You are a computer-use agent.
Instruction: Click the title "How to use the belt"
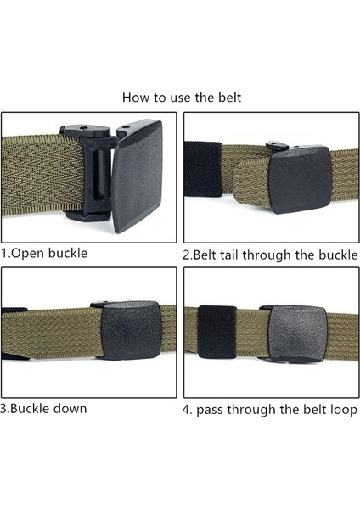click(x=182, y=98)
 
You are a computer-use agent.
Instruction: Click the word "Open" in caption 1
click(x=27, y=254)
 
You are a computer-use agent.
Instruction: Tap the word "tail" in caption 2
click(x=229, y=255)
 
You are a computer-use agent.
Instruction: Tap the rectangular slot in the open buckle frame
click(x=99, y=175)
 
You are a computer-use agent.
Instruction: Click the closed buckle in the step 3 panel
click(x=130, y=330)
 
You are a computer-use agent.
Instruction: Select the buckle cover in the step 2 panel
click(x=301, y=179)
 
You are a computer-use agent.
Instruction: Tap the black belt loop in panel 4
click(x=217, y=332)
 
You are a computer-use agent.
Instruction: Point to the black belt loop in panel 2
click(x=202, y=169)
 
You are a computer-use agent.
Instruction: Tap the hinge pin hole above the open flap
click(x=127, y=126)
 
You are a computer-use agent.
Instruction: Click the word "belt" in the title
click(x=229, y=98)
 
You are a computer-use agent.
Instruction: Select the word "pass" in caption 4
click(x=210, y=411)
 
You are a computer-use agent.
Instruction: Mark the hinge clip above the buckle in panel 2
click(x=277, y=146)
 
